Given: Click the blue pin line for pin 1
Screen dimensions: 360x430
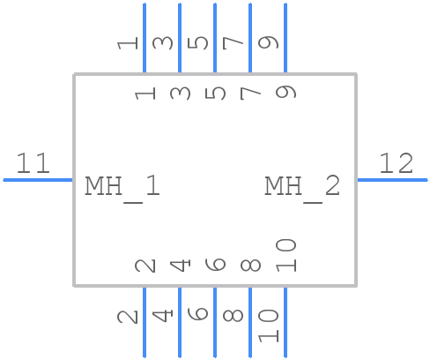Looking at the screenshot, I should [x=145, y=39].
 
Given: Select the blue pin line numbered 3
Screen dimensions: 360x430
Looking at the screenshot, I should [x=180, y=39].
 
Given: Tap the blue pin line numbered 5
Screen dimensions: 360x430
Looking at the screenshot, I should [x=215, y=39].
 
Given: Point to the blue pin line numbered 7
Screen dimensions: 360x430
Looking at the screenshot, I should [x=250, y=39].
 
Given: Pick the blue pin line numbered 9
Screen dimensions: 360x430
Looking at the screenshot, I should [x=285, y=39].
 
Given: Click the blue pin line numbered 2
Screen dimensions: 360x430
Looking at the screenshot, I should [x=145, y=321].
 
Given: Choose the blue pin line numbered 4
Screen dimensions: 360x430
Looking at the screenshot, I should [x=180, y=321].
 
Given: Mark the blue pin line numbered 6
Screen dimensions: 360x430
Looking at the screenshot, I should [x=215, y=321].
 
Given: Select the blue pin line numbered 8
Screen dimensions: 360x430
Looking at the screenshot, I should [x=250, y=321].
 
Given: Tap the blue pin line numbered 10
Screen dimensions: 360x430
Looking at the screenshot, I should [x=285, y=321].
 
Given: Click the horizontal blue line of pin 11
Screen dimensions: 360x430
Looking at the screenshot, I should [x=39, y=180].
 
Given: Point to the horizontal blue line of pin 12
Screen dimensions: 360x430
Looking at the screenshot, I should [x=391, y=180].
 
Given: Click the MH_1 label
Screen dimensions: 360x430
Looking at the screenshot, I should [x=122, y=186].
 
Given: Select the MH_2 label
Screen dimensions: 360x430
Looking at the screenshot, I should [x=302, y=186].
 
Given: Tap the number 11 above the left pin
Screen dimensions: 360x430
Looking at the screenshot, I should [x=33, y=163].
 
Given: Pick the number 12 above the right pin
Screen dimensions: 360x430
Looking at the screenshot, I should [x=396, y=163].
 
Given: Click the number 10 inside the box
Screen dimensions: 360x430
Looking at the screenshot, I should [x=285, y=255].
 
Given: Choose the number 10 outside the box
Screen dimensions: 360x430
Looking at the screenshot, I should [x=269, y=325].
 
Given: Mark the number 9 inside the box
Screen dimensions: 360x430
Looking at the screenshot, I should [x=285, y=90].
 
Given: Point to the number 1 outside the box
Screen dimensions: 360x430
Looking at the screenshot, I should [x=128, y=41].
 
